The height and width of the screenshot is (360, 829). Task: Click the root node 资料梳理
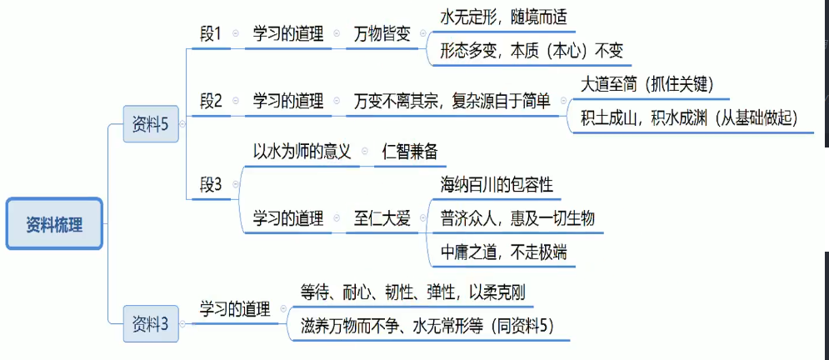click(54, 224)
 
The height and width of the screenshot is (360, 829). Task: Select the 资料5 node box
click(151, 125)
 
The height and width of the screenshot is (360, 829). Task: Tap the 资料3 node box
click(151, 324)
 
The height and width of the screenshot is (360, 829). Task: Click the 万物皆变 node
click(382, 35)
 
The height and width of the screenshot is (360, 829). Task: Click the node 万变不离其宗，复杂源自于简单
click(452, 102)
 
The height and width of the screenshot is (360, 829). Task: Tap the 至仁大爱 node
click(382, 219)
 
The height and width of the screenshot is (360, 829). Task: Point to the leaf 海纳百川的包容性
click(497, 184)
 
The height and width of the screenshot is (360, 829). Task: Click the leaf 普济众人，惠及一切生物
click(517, 218)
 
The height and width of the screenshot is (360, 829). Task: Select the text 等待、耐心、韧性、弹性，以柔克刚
click(412, 292)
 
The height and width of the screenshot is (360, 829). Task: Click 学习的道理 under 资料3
click(235, 309)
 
